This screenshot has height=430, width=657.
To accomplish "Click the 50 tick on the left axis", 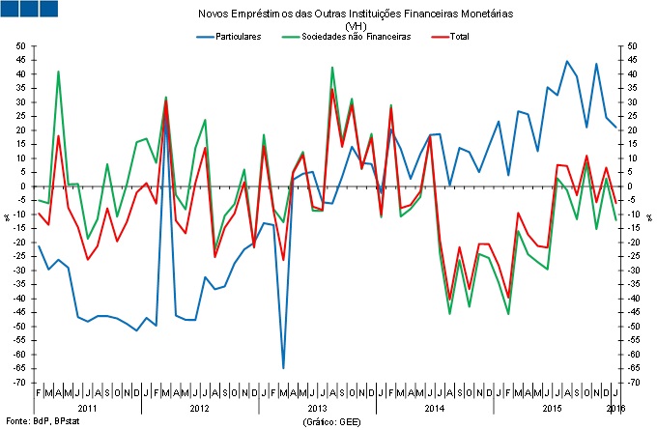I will coord(21,45).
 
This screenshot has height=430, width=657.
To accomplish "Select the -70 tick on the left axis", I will coord(19,383).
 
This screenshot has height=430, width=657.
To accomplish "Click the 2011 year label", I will coord(88,409).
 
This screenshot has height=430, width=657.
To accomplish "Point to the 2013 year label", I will coord(317,409).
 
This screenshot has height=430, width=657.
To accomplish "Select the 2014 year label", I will coord(435,409).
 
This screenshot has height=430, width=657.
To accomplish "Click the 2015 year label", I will coord(552,409).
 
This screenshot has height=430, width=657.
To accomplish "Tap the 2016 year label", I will coord(615,409).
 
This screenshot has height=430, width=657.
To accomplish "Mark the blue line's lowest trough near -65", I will coord(283,367).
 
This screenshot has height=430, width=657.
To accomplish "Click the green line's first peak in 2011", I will coord(58,72).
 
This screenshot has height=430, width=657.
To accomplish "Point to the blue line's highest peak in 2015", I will coord(567,62).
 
